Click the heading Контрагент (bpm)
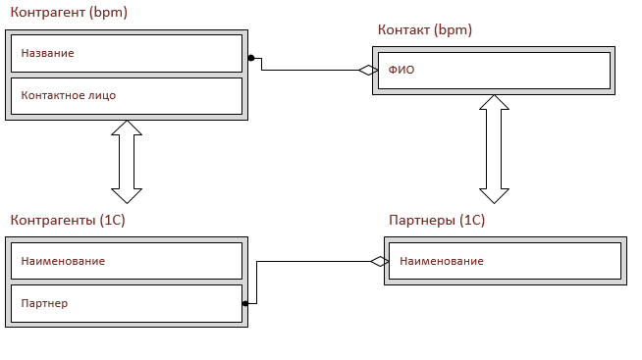click(69, 13)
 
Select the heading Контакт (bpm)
click(425, 30)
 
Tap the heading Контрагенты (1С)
click(68, 220)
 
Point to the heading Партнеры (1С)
click(437, 220)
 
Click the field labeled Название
click(127, 54)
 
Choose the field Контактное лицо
click(127, 96)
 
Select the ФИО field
click(494, 71)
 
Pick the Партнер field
click(127, 303)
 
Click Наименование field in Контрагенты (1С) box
click(127, 261)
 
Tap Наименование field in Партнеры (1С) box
click(506, 261)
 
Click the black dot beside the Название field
click(251, 58)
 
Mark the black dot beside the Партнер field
click(245, 303)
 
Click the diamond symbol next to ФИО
click(368, 70)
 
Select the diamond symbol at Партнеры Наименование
click(380, 261)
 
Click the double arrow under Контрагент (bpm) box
click(127, 162)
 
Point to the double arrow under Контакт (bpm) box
click(494, 149)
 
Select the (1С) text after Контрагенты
click(112, 220)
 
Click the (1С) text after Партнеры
click(472, 220)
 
